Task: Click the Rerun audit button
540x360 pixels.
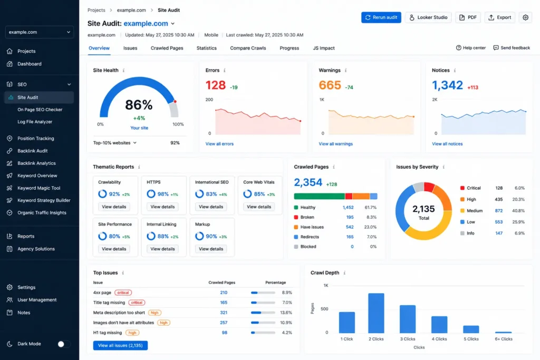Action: (381, 17)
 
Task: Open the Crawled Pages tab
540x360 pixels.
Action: (167, 48)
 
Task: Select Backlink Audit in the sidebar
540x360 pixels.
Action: (32, 151)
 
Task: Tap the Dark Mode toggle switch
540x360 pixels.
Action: (64, 344)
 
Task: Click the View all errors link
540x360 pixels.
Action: (219, 144)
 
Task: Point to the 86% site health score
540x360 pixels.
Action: (139, 105)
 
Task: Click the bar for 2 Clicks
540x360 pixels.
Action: (376, 313)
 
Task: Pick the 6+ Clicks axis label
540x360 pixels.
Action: (504, 339)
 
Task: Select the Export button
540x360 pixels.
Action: (500, 17)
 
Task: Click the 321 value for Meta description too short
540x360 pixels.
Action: (224, 313)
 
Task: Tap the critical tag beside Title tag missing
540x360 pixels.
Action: (137, 303)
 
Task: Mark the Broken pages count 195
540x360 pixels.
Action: (350, 217)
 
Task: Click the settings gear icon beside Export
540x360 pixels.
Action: (525, 17)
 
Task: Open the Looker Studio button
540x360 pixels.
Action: (428, 17)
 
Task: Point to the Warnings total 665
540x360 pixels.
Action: (330, 85)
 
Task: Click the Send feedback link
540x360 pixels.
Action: (512, 48)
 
